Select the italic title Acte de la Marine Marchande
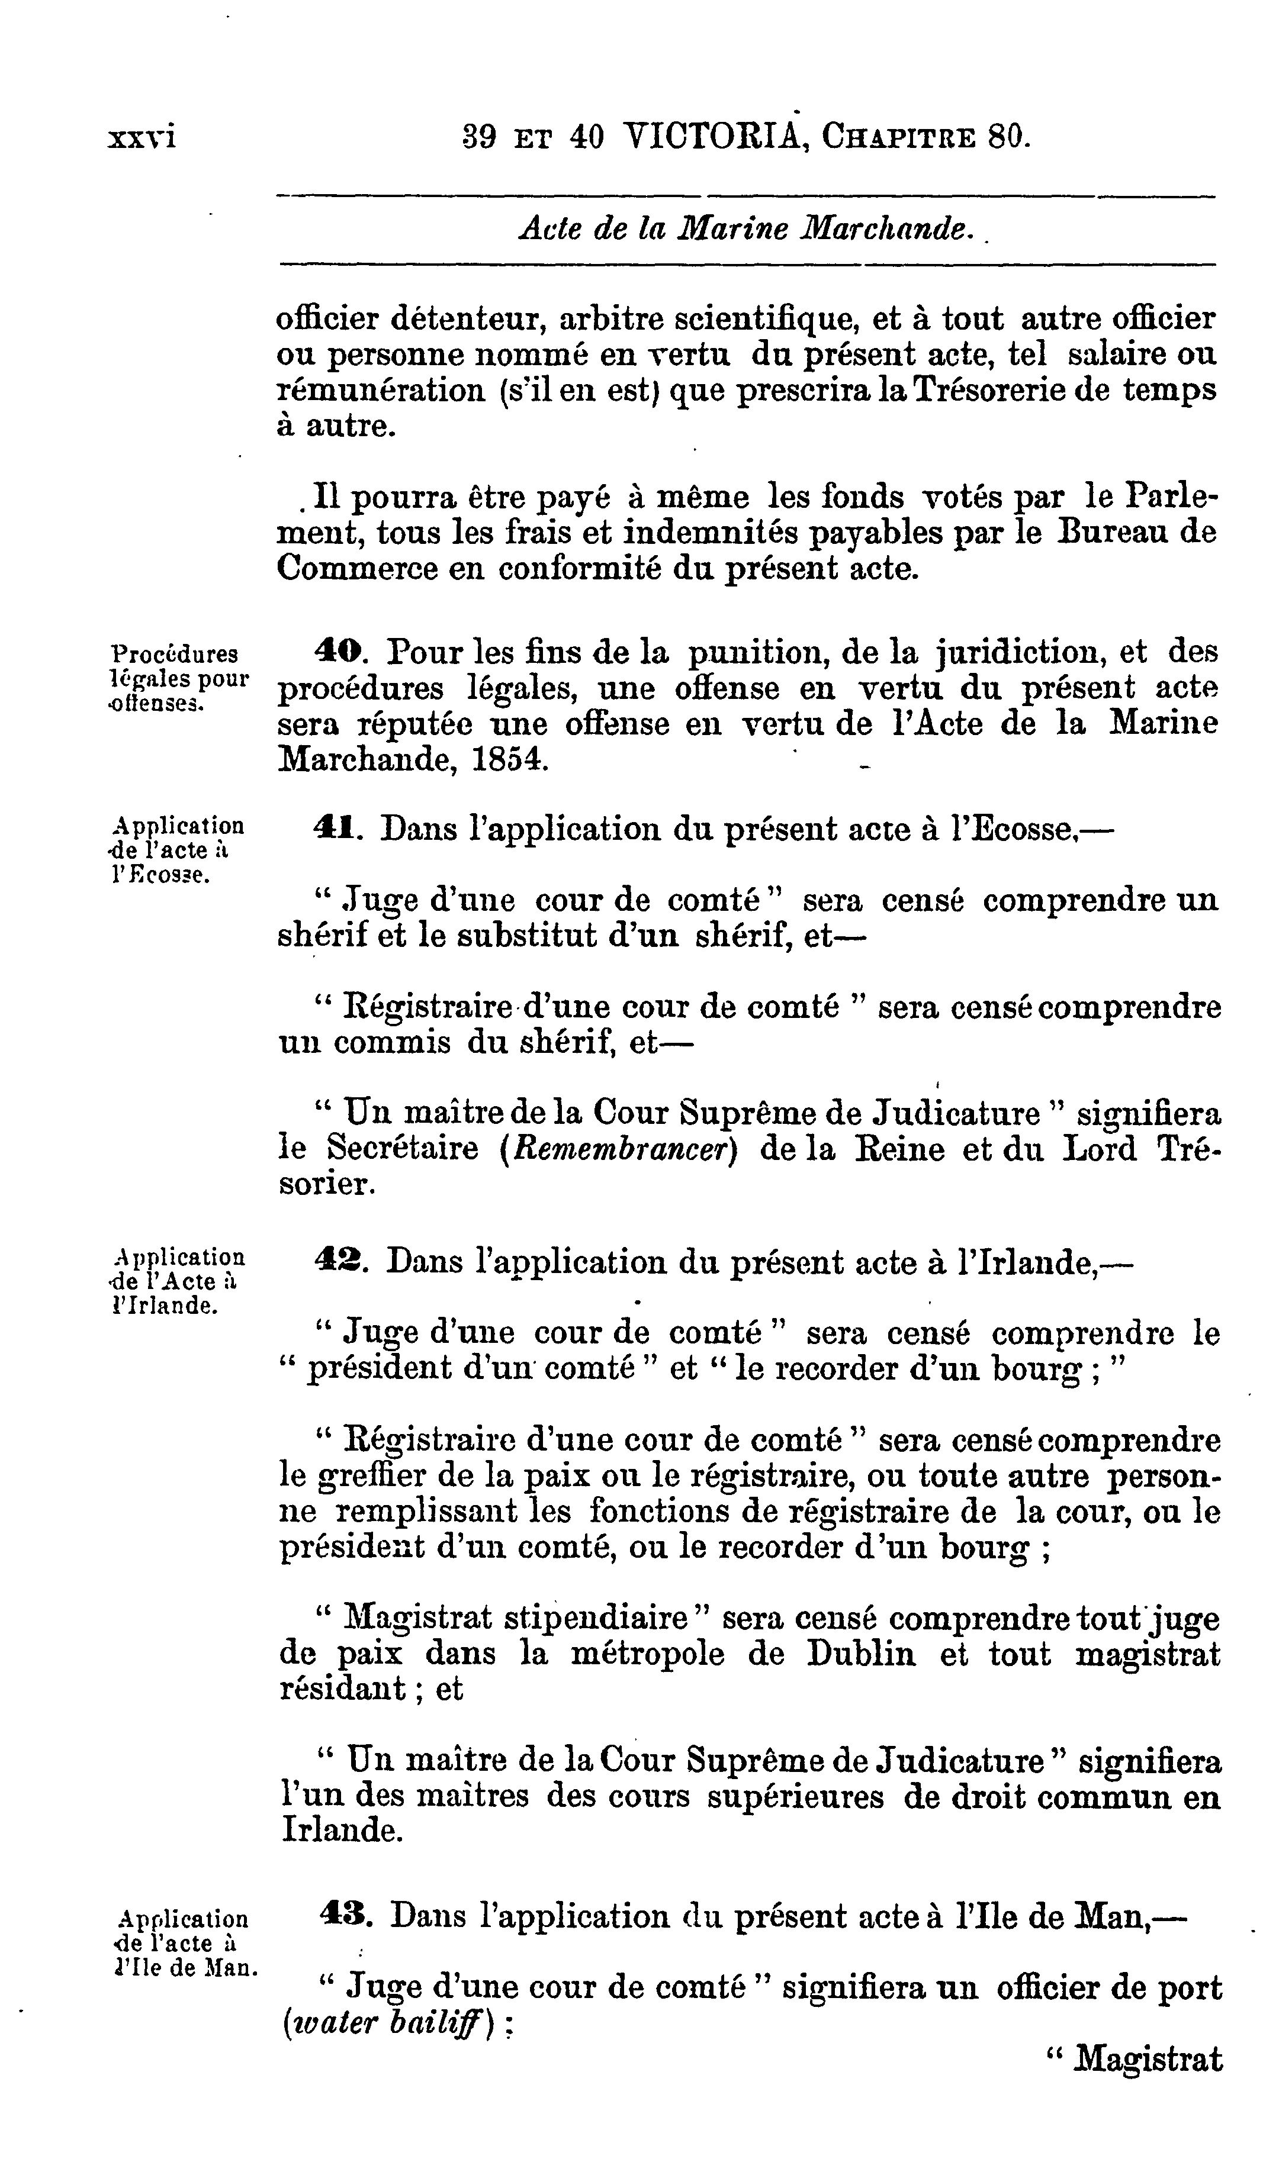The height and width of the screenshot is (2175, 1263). click(743, 228)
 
